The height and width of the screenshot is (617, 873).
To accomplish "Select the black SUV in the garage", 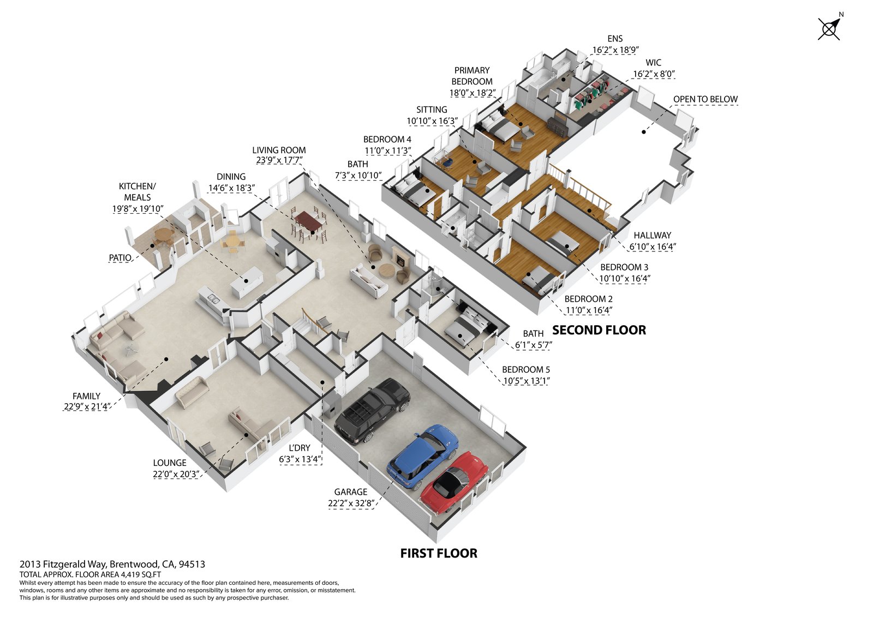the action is [x=372, y=409].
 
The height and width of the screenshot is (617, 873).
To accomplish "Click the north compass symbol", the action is [x=829, y=28].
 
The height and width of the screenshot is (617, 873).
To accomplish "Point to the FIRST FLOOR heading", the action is [x=439, y=553].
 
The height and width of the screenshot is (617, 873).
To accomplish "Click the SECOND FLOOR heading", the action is [x=599, y=330].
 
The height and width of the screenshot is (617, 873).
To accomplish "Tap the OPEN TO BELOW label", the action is [x=705, y=99].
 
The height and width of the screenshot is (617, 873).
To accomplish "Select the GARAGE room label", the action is [x=351, y=492].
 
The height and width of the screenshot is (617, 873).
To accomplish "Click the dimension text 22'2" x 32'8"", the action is [x=351, y=503].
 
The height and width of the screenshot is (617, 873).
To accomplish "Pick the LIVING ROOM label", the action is [x=279, y=150].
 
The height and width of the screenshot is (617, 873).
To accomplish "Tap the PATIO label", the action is [x=120, y=257].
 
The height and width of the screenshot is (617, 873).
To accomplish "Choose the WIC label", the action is [x=654, y=63].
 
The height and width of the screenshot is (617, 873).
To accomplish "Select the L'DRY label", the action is [x=300, y=448].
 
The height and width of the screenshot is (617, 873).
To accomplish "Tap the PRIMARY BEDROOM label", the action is [x=472, y=76].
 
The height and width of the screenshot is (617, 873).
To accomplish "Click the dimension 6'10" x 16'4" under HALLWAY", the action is [x=653, y=247].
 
